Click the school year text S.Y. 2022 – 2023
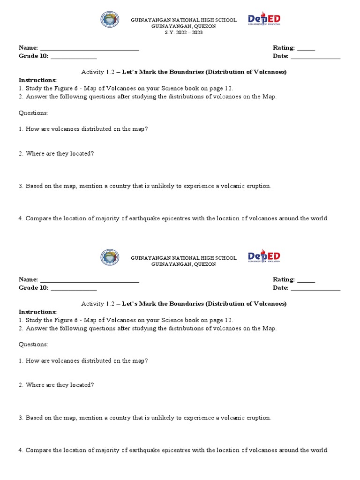click(183, 33)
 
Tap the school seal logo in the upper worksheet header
click(110, 20)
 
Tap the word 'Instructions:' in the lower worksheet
click(37, 312)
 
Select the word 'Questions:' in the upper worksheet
click(33, 113)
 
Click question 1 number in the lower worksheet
click(21, 361)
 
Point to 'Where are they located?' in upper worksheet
click(60, 154)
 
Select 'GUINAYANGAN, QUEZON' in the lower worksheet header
click(183, 264)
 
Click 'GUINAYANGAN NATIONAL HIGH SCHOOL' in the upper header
click(183, 20)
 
